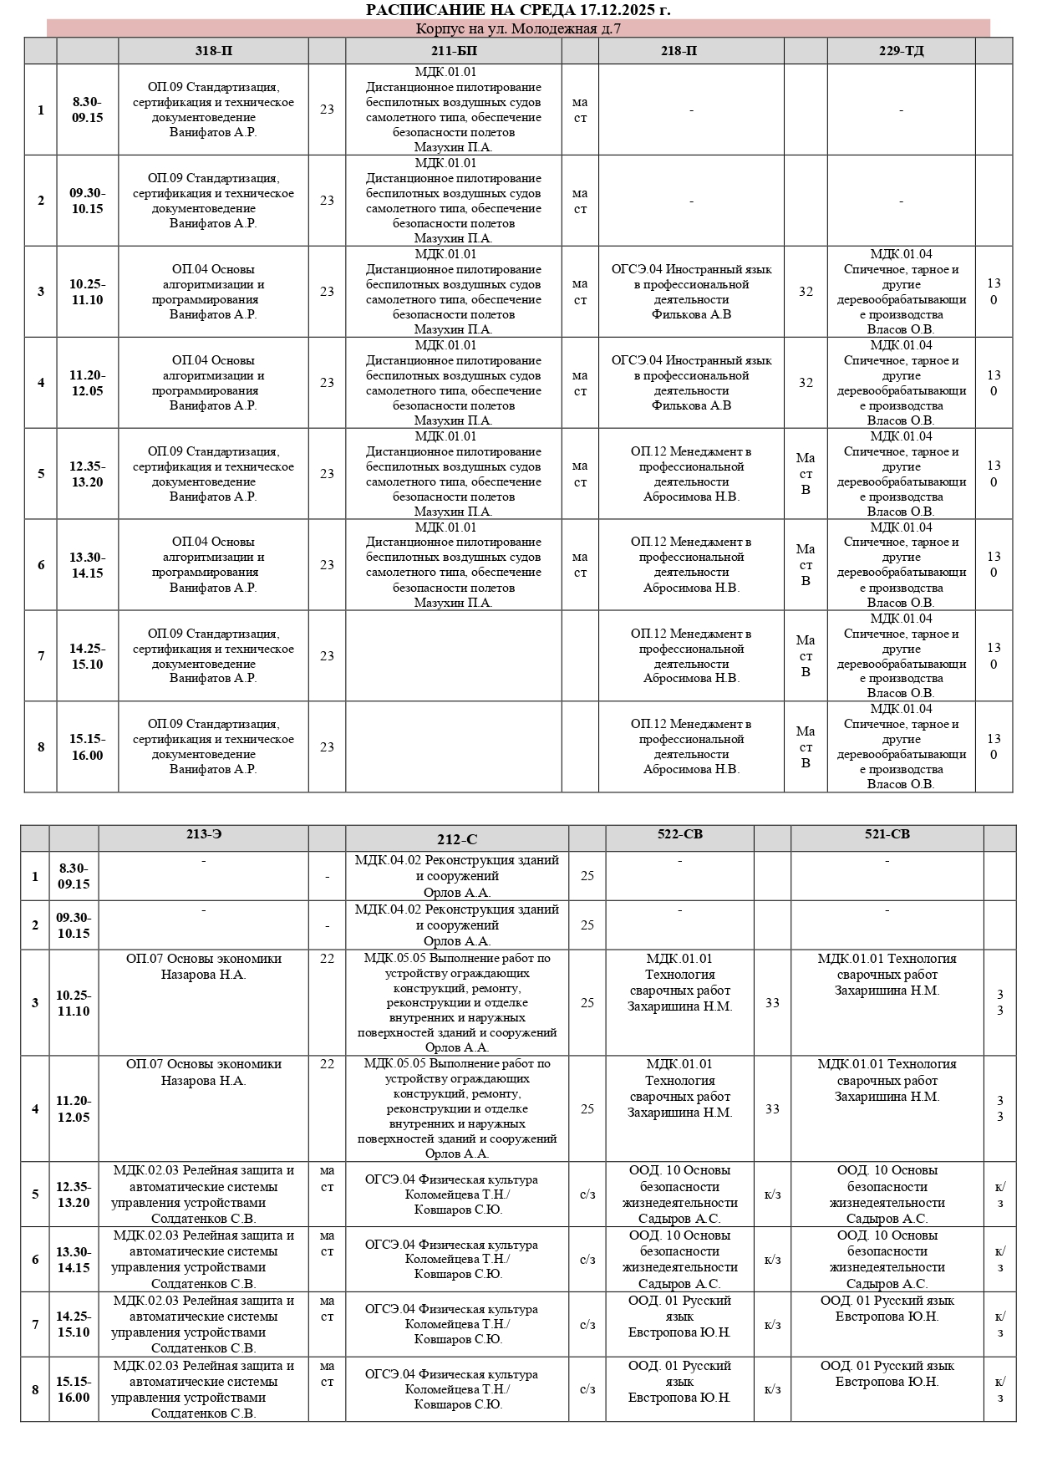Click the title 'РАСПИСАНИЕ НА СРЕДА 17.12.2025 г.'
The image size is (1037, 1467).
pyautogui.click(x=518, y=10)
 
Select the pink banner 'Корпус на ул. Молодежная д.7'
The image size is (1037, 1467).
pyautogui.click(x=518, y=29)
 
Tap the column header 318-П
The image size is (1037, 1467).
pyautogui.click(x=213, y=51)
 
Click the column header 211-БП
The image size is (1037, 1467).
pyautogui.click(x=454, y=51)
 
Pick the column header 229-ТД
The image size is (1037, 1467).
pyautogui.click(x=901, y=51)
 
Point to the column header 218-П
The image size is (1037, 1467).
pyautogui.click(x=690, y=51)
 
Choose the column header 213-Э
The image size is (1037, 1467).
pyautogui.click(x=203, y=834)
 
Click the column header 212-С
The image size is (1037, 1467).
pyautogui.click(x=457, y=839)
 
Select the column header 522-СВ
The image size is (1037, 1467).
pyautogui.click(x=679, y=834)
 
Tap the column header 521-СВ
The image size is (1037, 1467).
pyautogui.click(x=887, y=834)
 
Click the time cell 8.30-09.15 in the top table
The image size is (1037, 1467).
pyautogui.click(x=87, y=110)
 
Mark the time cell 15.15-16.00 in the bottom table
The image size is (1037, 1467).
pyautogui.click(x=74, y=1389)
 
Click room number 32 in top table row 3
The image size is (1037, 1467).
pyautogui.click(x=806, y=292)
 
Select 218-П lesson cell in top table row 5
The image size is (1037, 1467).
pyautogui.click(x=691, y=474)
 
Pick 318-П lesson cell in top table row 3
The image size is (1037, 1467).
pyautogui.click(x=213, y=292)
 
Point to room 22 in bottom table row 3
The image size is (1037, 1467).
pyautogui.click(x=327, y=959)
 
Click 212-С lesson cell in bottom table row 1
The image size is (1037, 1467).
pyautogui.click(x=457, y=876)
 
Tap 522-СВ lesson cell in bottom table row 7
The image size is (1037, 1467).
pyautogui.click(x=679, y=1317)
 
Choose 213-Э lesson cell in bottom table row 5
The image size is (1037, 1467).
pyautogui.click(x=203, y=1194)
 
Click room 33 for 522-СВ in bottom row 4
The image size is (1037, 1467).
pyautogui.click(x=772, y=1108)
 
